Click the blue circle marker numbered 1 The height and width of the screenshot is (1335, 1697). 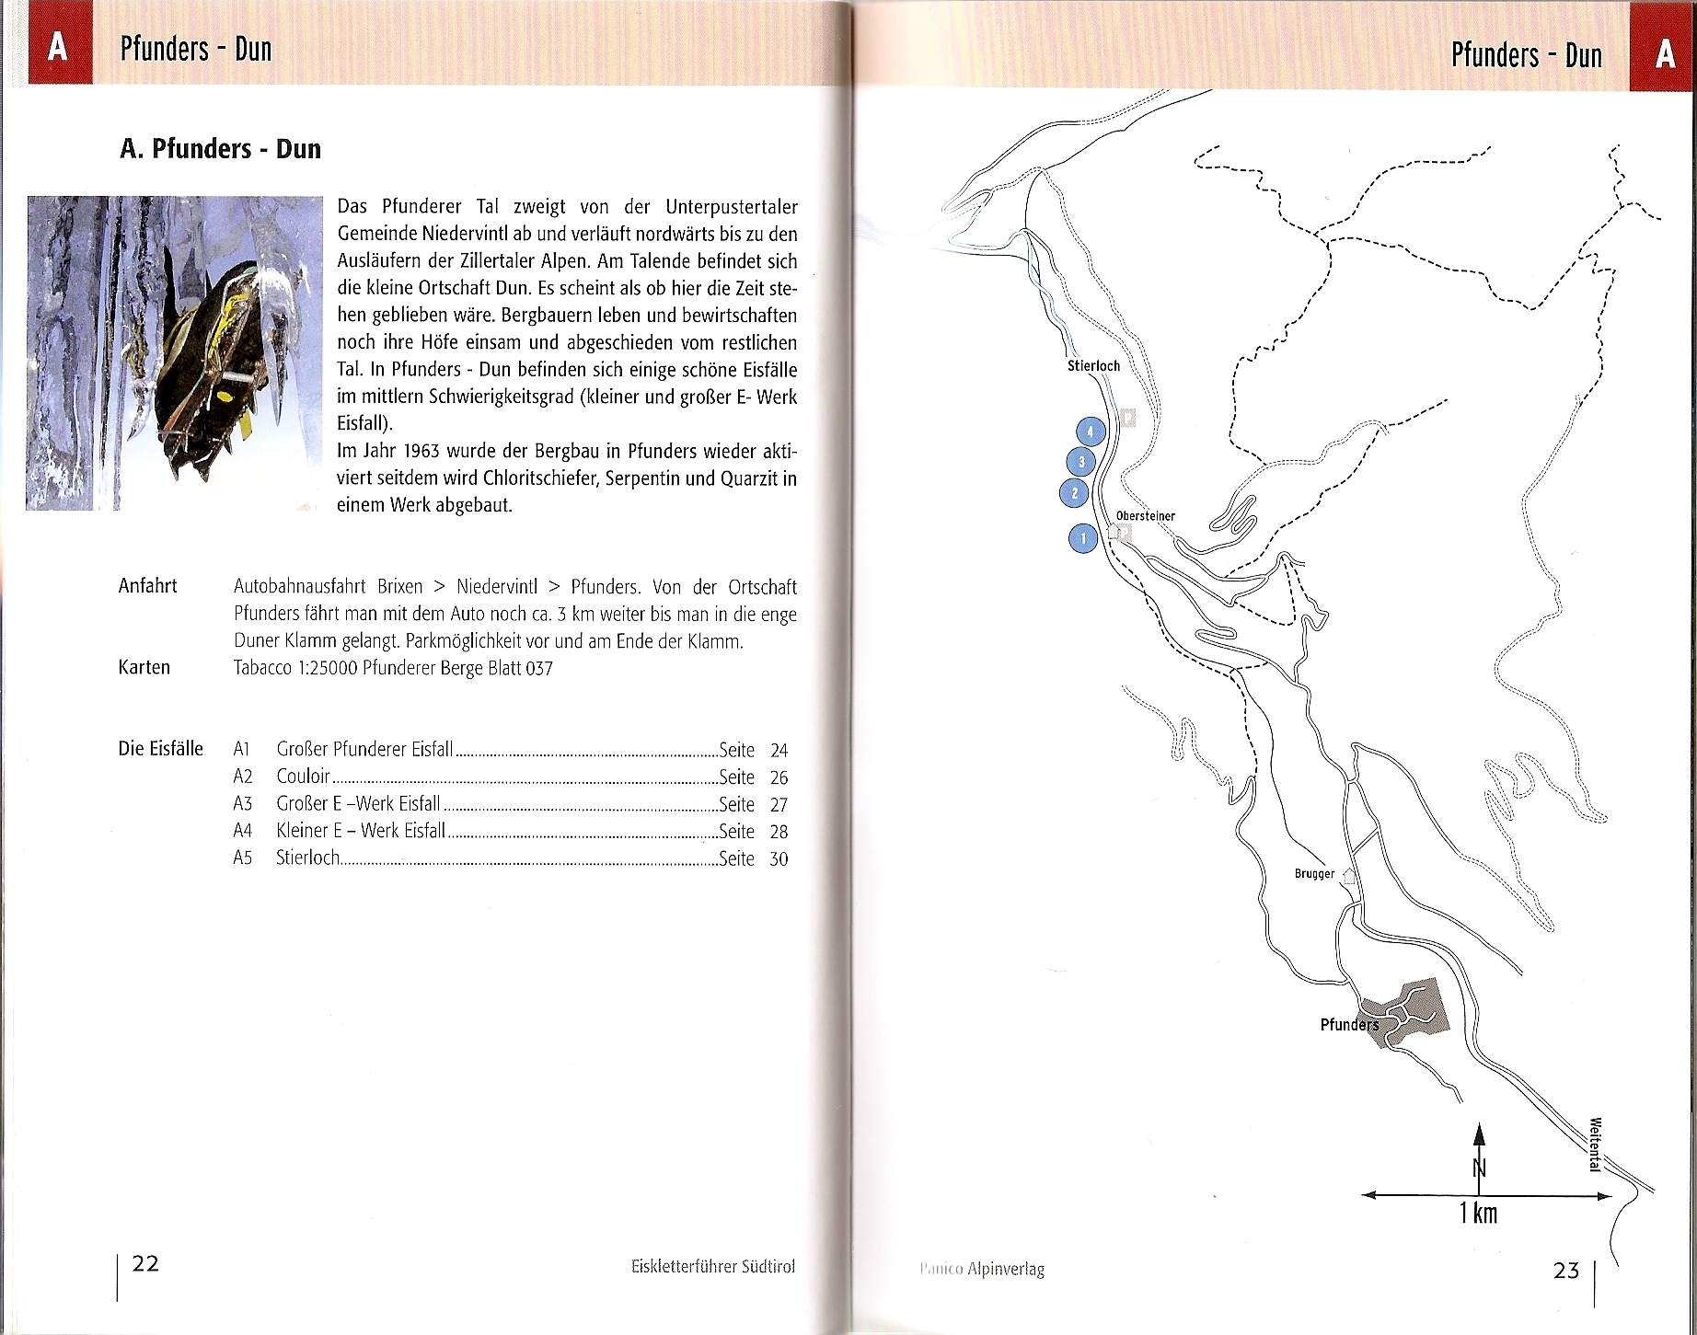[1083, 538]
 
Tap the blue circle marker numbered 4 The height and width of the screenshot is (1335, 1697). [1091, 431]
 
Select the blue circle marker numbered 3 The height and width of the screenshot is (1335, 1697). [1081, 462]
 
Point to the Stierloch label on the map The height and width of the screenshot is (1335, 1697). [1093, 366]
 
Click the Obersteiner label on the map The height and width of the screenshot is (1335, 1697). [1145, 516]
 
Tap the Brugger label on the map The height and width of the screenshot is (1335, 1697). [1314, 874]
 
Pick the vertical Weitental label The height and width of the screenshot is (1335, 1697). [1595, 1144]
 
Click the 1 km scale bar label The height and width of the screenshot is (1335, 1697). [1478, 1214]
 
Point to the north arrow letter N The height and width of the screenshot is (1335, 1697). [1479, 1168]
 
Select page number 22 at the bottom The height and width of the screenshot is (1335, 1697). [145, 1264]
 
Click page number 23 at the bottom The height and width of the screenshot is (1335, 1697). [1565, 1272]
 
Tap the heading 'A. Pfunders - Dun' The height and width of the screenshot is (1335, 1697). [220, 149]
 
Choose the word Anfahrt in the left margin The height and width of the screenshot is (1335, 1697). [147, 586]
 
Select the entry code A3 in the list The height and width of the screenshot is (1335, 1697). [242, 803]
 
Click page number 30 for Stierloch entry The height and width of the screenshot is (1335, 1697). [779, 859]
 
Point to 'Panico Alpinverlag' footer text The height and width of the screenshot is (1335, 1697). [982, 1270]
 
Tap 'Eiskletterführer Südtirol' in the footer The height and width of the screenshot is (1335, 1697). [712, 1267]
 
